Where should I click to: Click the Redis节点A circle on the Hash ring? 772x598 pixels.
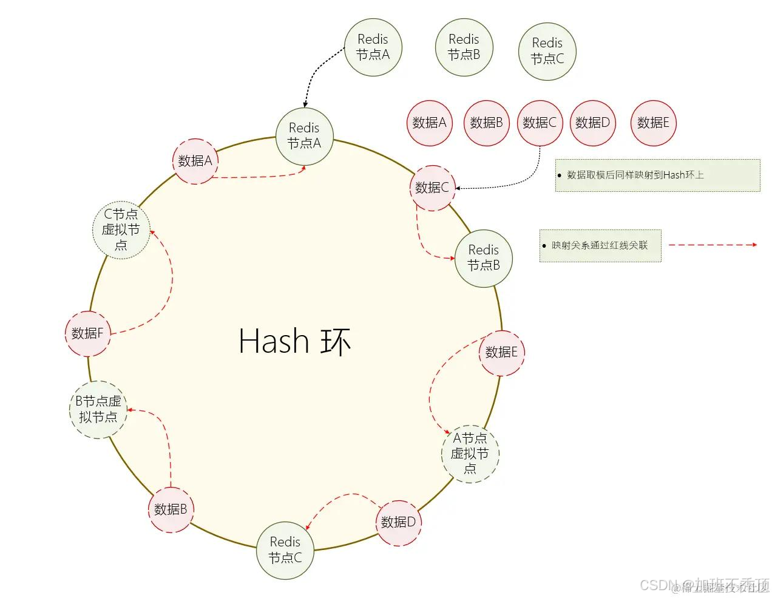304,136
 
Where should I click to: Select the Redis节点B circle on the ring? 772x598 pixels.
484,258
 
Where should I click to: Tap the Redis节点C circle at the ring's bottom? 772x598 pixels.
285,550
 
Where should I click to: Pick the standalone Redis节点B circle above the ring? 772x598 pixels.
464,47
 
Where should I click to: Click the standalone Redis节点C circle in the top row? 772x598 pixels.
547,51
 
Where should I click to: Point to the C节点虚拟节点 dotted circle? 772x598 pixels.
121,230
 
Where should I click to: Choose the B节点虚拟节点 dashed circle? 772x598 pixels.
98,410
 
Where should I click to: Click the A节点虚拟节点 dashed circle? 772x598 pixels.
470,454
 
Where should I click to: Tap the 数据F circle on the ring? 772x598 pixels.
87,333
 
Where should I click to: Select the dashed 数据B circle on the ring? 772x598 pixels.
171,509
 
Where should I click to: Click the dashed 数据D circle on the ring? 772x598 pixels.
398,522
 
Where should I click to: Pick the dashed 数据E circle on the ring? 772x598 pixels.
501,353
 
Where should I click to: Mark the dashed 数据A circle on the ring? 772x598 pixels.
195,161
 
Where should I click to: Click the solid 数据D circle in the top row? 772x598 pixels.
592,123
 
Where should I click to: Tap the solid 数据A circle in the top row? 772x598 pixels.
429,123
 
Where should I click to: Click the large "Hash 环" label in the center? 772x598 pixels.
295,341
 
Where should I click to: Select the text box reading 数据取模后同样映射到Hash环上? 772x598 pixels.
657,175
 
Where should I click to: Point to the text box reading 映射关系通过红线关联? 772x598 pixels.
600,246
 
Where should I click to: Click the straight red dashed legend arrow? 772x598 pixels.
712,245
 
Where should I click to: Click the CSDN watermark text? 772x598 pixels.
704,585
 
